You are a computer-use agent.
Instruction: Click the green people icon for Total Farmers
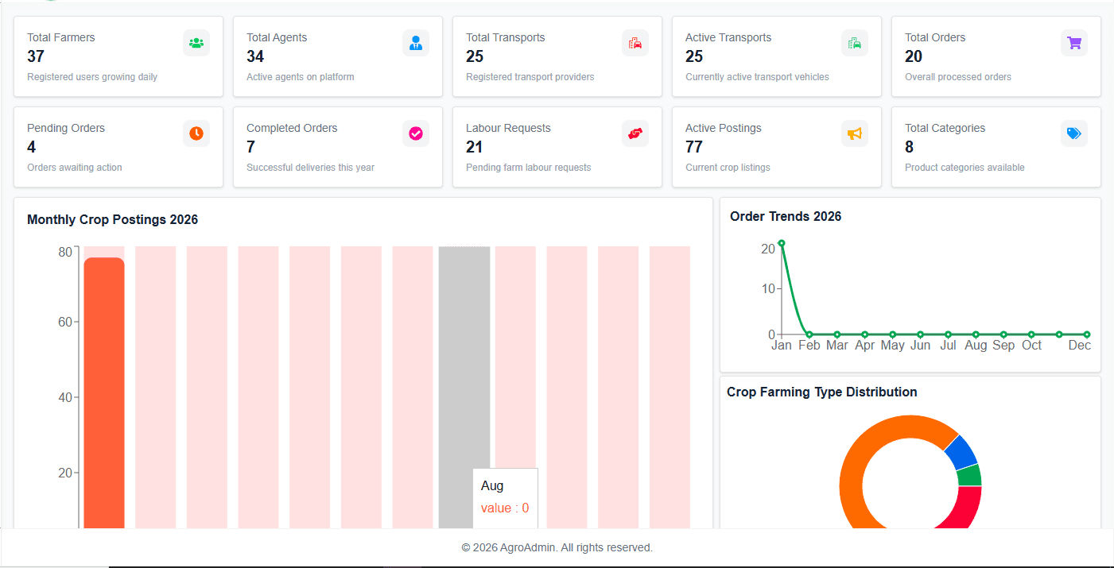pos(196,43)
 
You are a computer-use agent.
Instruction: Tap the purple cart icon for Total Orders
pos(1074,43)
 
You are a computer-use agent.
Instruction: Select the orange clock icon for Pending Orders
pos(196,133)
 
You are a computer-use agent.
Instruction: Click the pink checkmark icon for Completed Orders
pos(416,133)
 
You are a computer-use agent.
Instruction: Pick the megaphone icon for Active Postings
pos(855,133)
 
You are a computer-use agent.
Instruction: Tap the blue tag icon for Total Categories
pos(1074,133)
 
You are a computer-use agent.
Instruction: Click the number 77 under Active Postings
pos(694,147)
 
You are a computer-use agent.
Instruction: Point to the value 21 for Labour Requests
pos(475,147)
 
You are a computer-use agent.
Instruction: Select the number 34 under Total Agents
pos(255,56)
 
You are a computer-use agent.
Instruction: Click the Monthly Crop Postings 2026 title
pos(112,219)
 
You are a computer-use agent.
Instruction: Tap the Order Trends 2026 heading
pos(786,216)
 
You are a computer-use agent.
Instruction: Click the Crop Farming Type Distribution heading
pos(822,392)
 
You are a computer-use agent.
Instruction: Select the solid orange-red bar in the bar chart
pos(104,389)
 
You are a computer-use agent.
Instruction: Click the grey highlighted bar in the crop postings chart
pos(464,357)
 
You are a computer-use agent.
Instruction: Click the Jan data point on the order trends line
pos(782,243)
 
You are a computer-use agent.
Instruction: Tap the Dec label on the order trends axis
pos(1079,346)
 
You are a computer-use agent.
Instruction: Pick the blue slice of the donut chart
pos(961,451)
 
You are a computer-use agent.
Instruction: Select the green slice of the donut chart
pos(970,475)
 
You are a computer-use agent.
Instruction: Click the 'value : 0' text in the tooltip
pos(505,508)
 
